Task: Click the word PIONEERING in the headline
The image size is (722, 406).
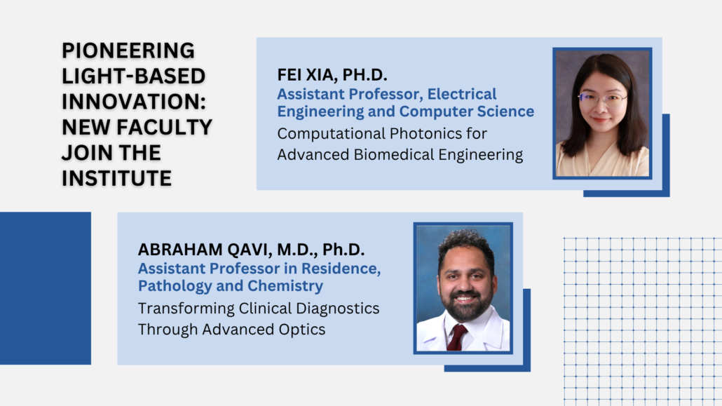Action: (128, 50)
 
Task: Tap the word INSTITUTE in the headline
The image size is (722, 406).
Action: (116, 178)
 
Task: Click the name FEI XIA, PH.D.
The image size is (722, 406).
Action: (332, 74)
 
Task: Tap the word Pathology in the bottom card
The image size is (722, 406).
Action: (175, 286)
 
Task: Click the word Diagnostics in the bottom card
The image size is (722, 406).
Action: (337, 309)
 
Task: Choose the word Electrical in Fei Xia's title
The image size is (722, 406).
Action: (462, 94)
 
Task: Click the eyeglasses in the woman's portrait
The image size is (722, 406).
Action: (602, 99)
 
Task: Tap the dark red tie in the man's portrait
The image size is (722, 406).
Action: (456, 338)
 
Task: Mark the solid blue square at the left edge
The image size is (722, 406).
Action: (46, 288)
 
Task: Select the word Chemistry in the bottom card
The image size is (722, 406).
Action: (285, 286)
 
